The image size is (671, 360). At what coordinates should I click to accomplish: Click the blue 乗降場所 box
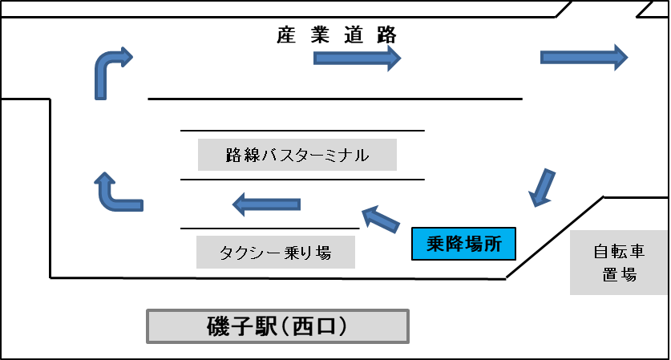click(x=463, y=245)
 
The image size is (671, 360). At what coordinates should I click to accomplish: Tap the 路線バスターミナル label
click(x=297, y=155)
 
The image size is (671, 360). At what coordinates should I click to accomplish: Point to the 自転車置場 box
click(x=620, y=262)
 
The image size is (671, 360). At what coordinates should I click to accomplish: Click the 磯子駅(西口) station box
click(x=277, y=326)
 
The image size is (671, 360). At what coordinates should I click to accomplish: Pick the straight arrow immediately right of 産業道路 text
click(x=356, y=59)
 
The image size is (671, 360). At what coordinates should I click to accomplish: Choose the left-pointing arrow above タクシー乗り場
click(x=267, y=205)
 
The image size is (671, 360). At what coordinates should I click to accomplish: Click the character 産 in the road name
click(x=287, y=36)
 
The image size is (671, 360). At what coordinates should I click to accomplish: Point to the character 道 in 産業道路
click(x=354, y=36)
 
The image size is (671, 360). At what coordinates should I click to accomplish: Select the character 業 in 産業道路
click(x=321, y=36)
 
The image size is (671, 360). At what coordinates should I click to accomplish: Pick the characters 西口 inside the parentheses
click(x=314, y=326)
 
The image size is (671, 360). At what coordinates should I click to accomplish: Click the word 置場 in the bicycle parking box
click(x=620, y=273)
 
